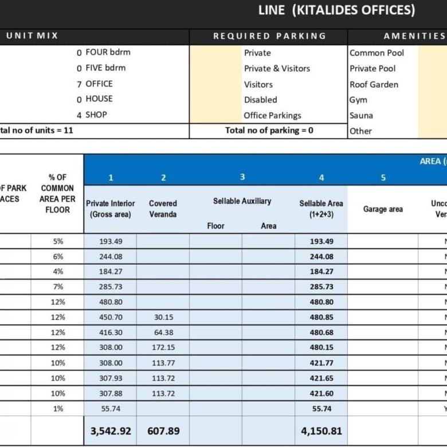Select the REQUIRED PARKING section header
click(x=269, y=36)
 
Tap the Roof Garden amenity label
click(x=374, y=84)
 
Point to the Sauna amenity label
click(x=362, y=115)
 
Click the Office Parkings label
click(x=272, y=115)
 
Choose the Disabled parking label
click(x=260, y=100)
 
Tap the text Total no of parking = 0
click(x=269, y=130)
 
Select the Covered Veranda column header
click(x=163, y=209)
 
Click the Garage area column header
click(x=383, y=209)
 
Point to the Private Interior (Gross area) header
click(x=111, y=209)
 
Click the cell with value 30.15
click(x=163, y=317)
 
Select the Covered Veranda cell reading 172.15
click(x=163, y=347)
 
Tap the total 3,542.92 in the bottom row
click(x=111, y=431)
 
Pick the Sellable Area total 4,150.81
click(x=321, y=431)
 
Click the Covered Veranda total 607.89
click(x=163, y=431)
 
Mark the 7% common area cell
click(x=57, y=287)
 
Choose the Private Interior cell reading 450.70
click(x=111, y=317)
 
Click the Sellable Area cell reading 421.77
click(x=321, y=363)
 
